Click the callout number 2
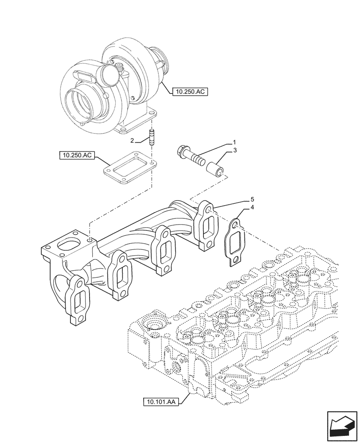pyautogui.click(x=132, y=140)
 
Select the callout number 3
pyautogui.click(x=235, y=151)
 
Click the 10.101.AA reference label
pyautogui.click(x=160, y=402)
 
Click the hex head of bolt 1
pyautogui.click(x=183, y=152)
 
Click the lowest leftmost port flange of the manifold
pyautogui.click(x=78, y=301)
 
